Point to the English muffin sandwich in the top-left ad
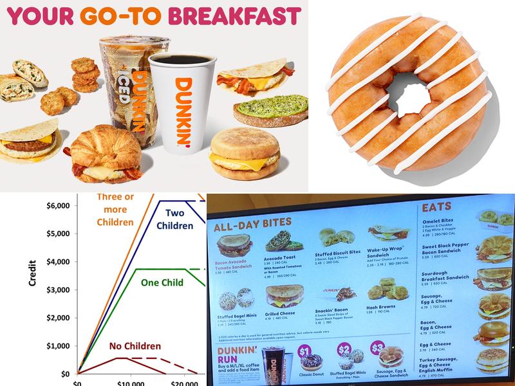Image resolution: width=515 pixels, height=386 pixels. pyautogui.click(x=246, y=158)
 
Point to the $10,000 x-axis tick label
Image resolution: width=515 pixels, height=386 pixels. pyautogui.click(x=131, y=383)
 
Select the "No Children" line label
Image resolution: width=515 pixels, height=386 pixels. pyautogui.click(x=135, y=347)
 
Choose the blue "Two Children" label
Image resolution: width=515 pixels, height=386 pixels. pyautogui.click(x=175, y=219)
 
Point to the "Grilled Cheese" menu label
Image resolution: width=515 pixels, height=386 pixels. pyautogui.click(x=279, y=313)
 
